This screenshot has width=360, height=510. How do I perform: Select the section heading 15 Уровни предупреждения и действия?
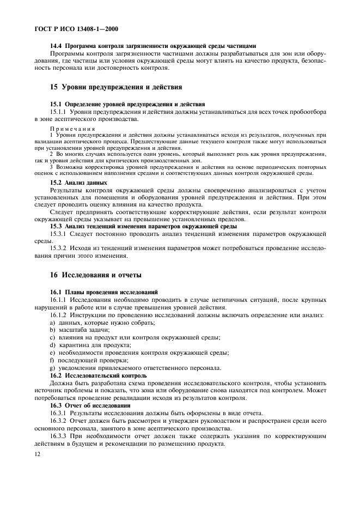(x=116, y=87)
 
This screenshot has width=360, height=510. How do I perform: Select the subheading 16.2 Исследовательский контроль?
(x=98, y=375)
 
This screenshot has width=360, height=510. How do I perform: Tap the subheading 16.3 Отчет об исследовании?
(x=90, y=405)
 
